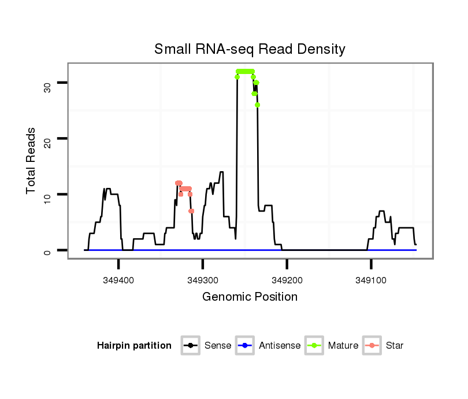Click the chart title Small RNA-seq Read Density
point(250,49)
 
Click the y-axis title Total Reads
point(32,160)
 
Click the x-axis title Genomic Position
point(250,297)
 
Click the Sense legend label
point(218,346)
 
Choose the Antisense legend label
point(280,346)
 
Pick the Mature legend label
point(343,346)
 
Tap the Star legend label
point(395,346)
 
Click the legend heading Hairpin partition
point(134,346)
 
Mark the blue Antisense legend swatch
point(244,346)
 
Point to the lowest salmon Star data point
point(191,211)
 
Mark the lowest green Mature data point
point(257,105)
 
